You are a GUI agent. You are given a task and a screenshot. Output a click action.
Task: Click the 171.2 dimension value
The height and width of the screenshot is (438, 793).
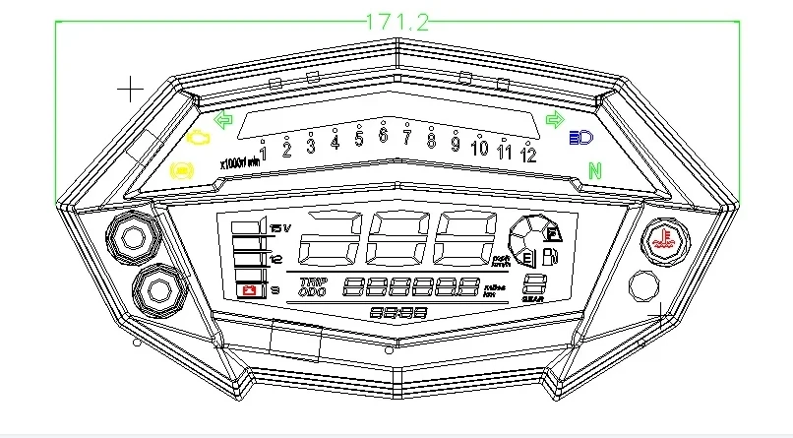click(397, 21)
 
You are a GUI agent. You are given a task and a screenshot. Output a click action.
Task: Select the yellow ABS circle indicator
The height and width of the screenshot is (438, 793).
click(182, 170)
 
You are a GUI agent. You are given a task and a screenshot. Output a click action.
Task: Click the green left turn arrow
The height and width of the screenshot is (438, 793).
click(223, 121)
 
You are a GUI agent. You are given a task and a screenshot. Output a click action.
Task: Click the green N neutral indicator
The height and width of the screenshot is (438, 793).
click(594, 171)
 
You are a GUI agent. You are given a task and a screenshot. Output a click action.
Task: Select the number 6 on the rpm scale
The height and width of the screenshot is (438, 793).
click(383, 135)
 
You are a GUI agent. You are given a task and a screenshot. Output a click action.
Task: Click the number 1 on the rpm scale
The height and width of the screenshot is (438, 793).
click(264, 153)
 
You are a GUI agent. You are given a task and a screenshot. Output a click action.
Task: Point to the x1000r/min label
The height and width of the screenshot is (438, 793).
click(239, 162)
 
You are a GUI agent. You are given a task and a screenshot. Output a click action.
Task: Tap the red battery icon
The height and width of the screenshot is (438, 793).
click(250, 290)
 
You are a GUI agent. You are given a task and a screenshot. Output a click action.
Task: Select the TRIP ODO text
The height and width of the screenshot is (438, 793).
click(312, 286)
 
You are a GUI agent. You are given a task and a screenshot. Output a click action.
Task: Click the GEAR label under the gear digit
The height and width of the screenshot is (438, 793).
click(533, 298)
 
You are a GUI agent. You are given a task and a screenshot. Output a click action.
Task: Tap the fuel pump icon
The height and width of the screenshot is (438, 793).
click(549, 260)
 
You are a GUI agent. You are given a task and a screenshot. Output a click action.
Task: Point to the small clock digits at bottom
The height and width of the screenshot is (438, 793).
click(398, 312)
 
